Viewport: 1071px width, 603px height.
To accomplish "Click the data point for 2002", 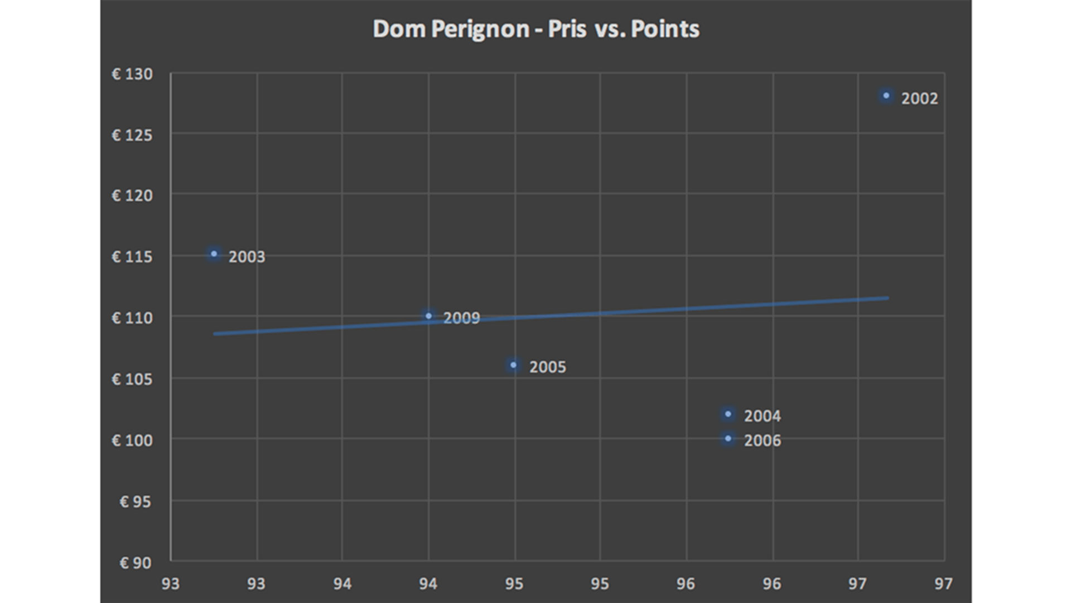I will [886, 96].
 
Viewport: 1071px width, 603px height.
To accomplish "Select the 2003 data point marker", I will [214, 254].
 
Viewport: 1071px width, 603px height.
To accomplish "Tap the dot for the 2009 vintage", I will [428, 316].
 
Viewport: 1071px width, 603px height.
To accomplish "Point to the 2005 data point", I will [514, 365].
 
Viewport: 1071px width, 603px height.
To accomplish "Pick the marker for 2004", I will [728, 414].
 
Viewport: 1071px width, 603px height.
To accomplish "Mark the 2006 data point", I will [728, 439].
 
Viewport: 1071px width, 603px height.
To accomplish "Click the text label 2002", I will [919, 99].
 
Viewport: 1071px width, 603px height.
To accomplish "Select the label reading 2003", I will [247, 257].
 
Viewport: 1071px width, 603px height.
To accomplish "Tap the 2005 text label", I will [547, 367].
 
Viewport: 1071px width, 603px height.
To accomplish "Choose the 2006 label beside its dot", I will [762, 441].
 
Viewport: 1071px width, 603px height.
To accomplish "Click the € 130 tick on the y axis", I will [132, 74].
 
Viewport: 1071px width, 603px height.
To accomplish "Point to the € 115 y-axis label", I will [132, 257].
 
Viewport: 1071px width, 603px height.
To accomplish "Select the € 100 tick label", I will [132, 441].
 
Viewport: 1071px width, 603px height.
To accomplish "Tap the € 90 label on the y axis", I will [136, 563].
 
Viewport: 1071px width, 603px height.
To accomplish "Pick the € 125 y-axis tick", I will [132, 135].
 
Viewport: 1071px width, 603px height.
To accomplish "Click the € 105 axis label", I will [132, 379].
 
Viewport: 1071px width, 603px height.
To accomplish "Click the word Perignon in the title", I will [480, 29].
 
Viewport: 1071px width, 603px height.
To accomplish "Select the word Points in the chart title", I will [665, 29].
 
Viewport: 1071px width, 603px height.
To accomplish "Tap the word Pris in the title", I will [567, 29].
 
